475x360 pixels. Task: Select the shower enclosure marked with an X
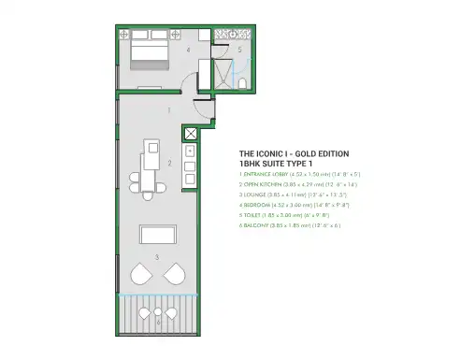(x=223, y=70)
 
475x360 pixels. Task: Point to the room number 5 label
(x=239, y=49)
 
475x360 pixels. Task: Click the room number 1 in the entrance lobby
(x=167, y=109)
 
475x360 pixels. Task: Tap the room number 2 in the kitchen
(x=168, y=163)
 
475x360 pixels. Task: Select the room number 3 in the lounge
(x=157, y=256)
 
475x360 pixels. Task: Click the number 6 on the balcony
(x=157, y=321)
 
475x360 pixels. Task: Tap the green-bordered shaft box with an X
(x=191, y=133)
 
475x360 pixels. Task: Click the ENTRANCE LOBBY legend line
(x=300, y=174)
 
